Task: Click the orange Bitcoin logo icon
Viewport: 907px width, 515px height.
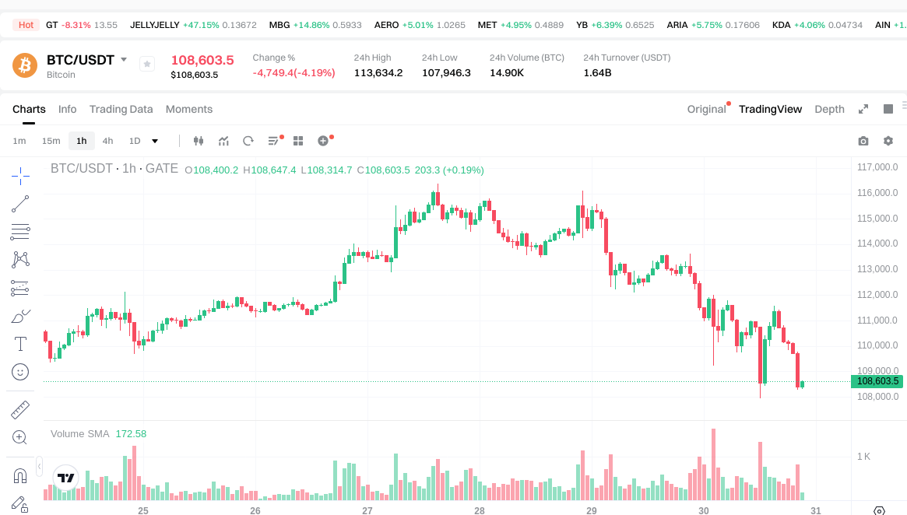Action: pyautogui.click(x=25, y=65)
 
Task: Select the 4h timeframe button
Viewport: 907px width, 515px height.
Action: pyautogui.click(x=107, y=141)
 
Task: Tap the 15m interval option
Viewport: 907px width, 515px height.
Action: pyautogui.click(x=51, y=141)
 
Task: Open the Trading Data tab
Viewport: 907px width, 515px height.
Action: pyautogui.click(x=121, y=109)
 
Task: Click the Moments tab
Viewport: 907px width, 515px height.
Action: pyautogui.click(x=189, y=109)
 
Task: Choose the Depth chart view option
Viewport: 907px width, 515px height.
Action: pyautogui.click(x=829, y=109)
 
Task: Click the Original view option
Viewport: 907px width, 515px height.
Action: pyautogui.click(x=706, y=109)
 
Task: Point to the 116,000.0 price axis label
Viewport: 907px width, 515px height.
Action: pyautogui.click(x=877, y=193)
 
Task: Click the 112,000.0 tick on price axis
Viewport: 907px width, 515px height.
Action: pyautogui.click(x=877, y=295)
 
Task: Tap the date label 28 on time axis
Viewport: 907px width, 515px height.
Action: pyautogui.click(x=480, y=511)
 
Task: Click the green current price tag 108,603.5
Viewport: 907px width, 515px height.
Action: pyautogui.click(x=877, y=381)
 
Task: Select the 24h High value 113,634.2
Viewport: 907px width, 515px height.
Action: pyautogui.click(x=378, y=73)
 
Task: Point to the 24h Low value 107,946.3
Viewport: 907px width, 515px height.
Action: pyautogui.click(x=446, y=73)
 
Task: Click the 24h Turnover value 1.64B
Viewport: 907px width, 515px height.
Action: pyautogui.click(x=597, y=73)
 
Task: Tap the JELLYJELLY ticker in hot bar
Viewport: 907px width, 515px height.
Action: pyautogui.click(x=155, y=25)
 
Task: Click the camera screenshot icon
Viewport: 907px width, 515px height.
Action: pyautogui.click(x=863, y=141)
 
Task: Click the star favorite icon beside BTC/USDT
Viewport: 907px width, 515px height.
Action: pyautogui.click(x=147, y=64)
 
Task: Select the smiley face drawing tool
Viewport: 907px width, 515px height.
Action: pyautogui.click(x=20, y=372)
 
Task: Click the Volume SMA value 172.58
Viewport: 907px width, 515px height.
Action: pyautogui.click(x=131, y=433)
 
